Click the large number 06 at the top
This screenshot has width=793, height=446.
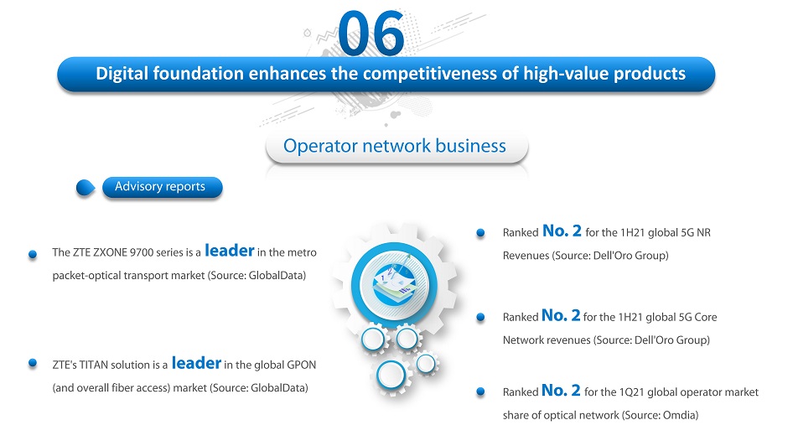coord(371,34)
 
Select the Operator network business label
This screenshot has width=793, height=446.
coord(395,146)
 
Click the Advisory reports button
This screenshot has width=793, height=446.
coord(163,187)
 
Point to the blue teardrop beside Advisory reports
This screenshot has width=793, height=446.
coord(85,188)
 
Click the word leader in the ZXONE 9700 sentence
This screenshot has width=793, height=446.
coord(229,251)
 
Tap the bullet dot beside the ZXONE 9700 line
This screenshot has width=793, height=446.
coord(33,254)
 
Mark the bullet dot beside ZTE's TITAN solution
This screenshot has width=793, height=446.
coord(33,362)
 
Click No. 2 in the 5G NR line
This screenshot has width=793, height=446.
coord(562,231)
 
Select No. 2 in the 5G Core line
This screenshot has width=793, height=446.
coord(561,315)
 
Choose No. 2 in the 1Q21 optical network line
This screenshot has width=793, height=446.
coord(561,391)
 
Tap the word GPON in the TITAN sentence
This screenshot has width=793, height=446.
coord(302,365)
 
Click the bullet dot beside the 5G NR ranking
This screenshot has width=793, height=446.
coord(480,232)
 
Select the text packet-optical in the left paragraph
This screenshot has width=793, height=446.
coord(84,276)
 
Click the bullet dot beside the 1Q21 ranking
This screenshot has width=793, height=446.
coord(480,392)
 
